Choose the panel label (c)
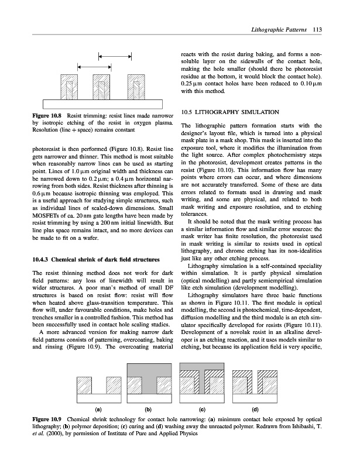(201, 408)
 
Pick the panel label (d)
(255, 408)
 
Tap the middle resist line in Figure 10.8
(103, 90)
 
